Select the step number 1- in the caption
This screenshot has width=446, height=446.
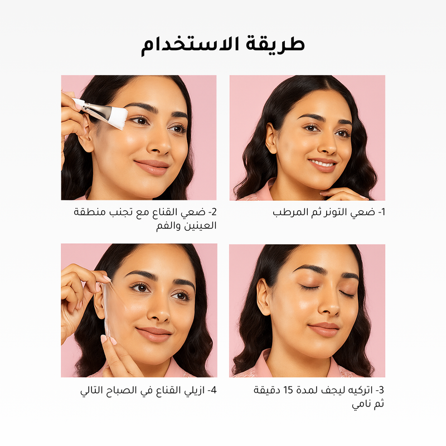tap(381, 212)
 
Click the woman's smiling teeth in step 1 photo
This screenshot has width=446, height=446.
tap(323, 164)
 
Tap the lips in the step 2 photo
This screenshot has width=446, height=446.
tap(152, 167)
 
